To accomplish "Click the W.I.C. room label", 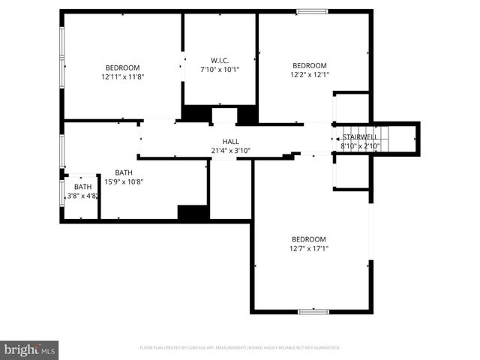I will [x=220, y=60].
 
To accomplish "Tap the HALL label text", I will [x=230, y=142].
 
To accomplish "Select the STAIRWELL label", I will [x=360, y=137].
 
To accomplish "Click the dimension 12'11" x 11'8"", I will [x=123, y=76].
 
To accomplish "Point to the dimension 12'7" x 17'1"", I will [x=310, y=248].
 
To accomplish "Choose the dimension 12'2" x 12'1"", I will [x=310, y=74].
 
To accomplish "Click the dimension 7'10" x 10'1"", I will [x=220, y=69].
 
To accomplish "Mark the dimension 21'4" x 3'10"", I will [x=230, y=151].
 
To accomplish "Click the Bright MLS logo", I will [x=29, y=349].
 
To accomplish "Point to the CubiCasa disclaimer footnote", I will [x=240, y=348].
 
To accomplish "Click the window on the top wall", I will [x=311, y=11].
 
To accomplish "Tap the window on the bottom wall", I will [x=313, y=311].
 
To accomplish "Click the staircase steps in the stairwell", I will [x=382, y=138].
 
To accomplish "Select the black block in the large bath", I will [x=193, y=212].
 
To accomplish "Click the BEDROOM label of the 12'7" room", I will [x=310, y=239].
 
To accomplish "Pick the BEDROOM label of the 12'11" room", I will [x=123, y=67].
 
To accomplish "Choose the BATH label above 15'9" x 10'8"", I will [x=123, y=172].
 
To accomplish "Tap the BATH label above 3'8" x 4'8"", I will [x=82, y=187].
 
